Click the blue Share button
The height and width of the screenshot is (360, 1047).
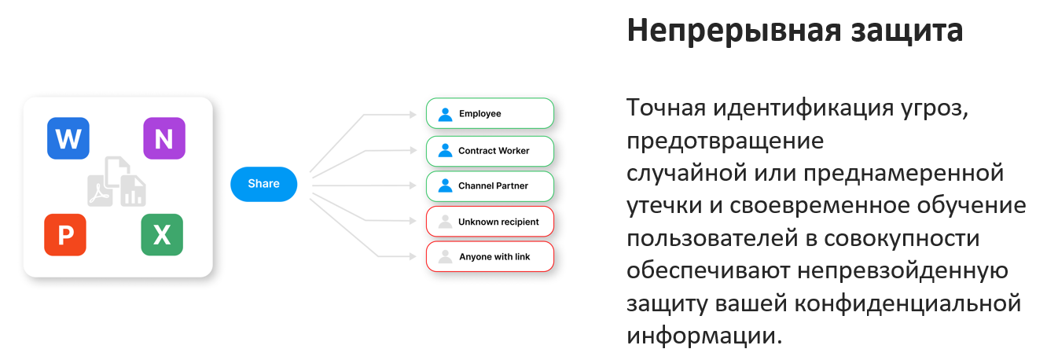click(263, 184)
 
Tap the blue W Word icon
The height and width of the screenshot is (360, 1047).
click(68, 138)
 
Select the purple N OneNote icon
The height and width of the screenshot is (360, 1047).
click(164, 138)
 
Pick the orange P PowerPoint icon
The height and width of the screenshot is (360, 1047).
click(65, 235)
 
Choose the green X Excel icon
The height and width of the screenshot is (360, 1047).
click(162, 235)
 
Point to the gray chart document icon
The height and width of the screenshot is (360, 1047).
click(133, 191)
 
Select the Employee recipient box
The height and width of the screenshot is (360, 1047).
click(490, 114)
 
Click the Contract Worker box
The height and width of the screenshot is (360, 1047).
click(490, 151)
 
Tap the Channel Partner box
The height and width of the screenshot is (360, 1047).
click(490, 186)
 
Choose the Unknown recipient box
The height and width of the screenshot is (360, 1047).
click(490, 222)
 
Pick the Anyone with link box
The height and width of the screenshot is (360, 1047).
click(490, 257)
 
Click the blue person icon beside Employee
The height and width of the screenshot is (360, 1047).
click(445, 115)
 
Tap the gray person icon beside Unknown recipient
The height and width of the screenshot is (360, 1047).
click(445, 222)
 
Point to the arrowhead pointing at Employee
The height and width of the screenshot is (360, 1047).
click(413, 115)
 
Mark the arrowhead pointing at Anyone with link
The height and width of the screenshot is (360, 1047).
click(413, 256)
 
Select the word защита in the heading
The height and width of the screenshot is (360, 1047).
click(907, 31)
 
